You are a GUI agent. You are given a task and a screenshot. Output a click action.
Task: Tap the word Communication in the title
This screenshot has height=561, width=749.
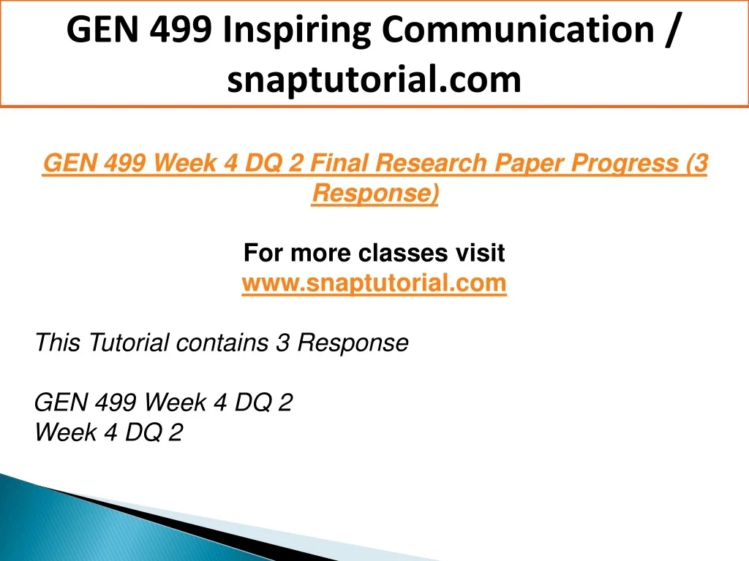click(518, 29)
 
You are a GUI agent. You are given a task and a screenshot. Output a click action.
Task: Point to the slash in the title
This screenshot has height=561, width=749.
click(670, 29)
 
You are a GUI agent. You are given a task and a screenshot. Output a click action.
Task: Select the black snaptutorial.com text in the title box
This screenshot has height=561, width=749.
click(374, 79)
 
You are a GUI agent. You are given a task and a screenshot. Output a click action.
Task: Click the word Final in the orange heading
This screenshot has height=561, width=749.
click(338, 163)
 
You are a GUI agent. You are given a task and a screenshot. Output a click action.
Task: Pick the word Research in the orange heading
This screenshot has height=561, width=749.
click(430, 163)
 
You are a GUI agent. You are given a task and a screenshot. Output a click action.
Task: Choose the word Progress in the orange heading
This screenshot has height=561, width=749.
click(625, 164)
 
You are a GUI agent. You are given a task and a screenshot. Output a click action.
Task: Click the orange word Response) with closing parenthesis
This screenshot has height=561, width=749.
click(375, 194)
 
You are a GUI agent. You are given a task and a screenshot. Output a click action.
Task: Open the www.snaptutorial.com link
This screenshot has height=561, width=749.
click(374, 283)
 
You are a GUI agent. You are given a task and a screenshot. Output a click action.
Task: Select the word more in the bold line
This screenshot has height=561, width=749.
click(320, 253)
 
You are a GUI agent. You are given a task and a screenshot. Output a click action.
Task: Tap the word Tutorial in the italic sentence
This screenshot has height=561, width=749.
click(128, 343)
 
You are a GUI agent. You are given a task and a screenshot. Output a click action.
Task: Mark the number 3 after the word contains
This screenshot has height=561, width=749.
click(283, 343)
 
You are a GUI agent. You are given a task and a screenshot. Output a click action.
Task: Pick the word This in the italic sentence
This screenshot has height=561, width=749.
click(57, 343)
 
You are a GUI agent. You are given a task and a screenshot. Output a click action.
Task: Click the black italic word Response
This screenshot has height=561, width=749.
click(353, 343)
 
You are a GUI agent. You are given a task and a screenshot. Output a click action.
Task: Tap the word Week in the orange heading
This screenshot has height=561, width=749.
click(185, 163)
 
